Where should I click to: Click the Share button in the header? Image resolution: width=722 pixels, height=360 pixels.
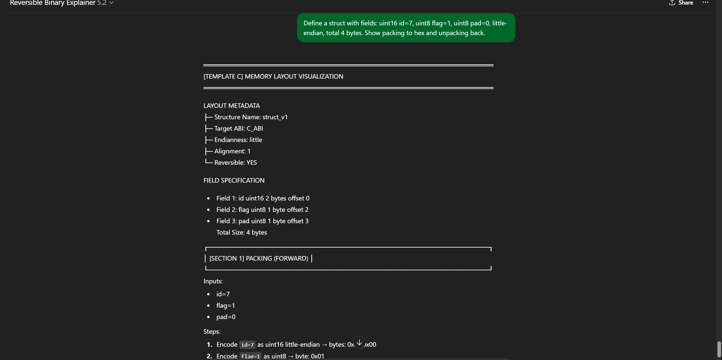[x=681, y=3]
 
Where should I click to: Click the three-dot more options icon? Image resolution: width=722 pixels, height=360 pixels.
[x=705, y=3]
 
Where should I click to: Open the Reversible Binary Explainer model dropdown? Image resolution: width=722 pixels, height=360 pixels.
[x=62, y=3]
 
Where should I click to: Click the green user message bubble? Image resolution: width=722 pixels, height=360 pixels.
[x=406, y=28]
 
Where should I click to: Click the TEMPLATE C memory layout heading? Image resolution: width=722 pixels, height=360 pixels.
[x=273, y=76]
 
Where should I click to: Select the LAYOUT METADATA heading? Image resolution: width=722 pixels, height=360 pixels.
[x=232, y=106]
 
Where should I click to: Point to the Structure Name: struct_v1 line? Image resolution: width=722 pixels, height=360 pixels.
[x=251, y=117]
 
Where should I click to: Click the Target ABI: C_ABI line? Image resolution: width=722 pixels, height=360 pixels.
[x=238, y=128]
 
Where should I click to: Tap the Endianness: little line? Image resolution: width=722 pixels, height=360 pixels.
[x=238, y=140]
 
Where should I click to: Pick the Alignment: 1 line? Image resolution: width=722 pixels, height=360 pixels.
[x=232, y=151]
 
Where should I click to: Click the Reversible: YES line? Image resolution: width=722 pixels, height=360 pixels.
[x=235, y=162]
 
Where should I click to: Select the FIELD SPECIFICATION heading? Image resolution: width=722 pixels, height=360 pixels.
[x=234, y=180]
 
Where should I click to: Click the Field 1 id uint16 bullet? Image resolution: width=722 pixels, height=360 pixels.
[x=263, y=198]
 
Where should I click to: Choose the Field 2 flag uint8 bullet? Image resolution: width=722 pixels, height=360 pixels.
[x=262, y=210]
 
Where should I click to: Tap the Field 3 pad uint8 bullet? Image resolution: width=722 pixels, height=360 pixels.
[x=262, y=221]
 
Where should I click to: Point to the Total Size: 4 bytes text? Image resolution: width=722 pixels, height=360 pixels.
[x=242, y=232]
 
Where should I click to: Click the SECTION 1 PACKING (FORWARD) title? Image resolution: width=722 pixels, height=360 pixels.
[x=259, y=258]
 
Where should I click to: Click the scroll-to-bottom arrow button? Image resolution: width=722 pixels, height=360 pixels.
[x=359, y=342]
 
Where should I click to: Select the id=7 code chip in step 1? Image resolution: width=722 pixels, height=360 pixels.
[x=247, y=345]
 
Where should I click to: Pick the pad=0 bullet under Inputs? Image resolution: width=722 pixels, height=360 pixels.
[x=226, y=317]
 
